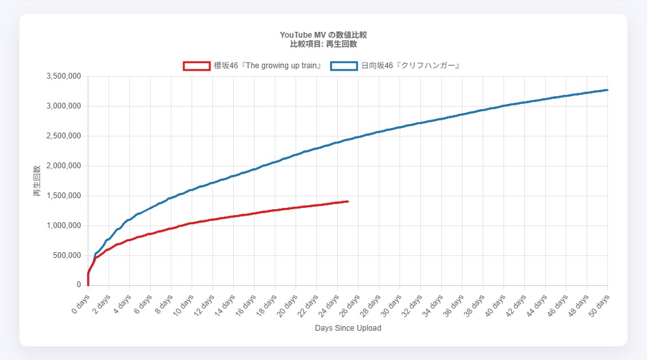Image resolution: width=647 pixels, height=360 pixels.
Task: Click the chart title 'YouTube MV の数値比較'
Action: (x=323, y=34)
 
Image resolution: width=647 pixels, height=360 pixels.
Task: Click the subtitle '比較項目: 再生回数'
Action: (x=323, y=44)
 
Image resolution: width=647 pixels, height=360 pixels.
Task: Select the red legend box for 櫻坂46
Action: (x=196, y=66)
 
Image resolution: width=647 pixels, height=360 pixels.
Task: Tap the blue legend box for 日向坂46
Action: (x=344, y=66)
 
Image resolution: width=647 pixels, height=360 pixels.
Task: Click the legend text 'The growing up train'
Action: (x=268, y=66)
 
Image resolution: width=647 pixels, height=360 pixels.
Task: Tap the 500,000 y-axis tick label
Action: (x=68, y=255)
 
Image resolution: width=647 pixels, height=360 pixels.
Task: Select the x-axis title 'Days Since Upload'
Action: (x=348, y=328)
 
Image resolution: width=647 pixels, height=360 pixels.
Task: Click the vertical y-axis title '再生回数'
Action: (x=37, y=181)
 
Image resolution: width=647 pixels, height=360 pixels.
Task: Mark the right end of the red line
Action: (x=348, y=201)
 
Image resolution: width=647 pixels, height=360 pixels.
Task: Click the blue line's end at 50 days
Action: (x=607, y=90)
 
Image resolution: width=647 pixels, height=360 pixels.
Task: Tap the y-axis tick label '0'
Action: (x=78, y=285)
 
